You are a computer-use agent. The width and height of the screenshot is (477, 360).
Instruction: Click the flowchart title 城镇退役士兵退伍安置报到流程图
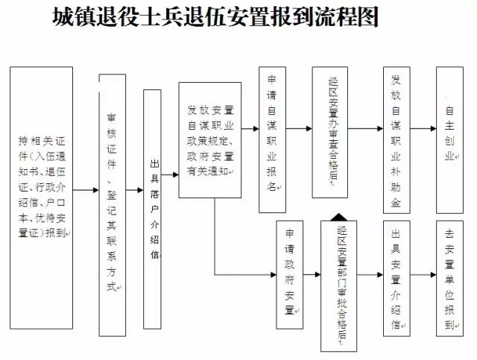[216, 17]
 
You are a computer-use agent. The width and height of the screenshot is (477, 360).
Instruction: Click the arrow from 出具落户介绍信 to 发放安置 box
[171, 175]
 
